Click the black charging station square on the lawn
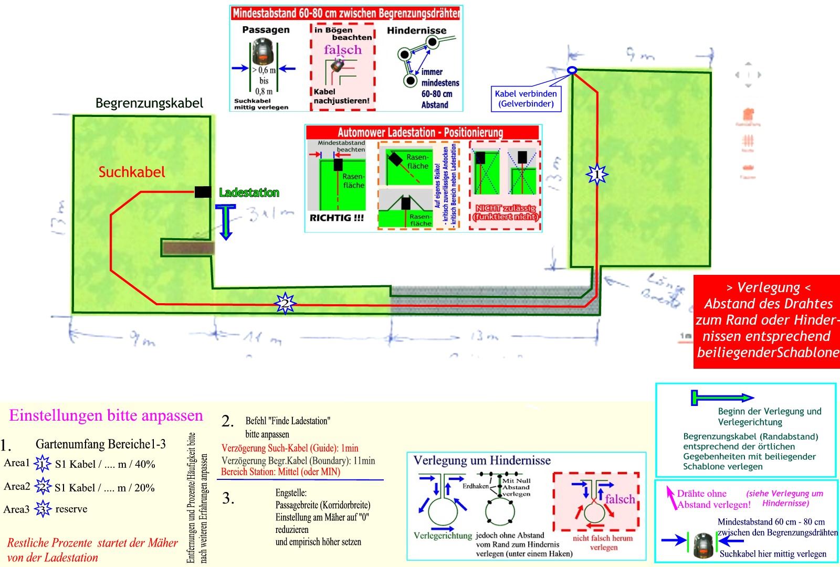tap(203, 191)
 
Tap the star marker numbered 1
tap(596, 174)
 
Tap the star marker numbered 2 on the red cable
tap(285, 303)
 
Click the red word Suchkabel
tap(132, 172)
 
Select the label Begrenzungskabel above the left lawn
tap(149, 103)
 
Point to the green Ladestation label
tap(249, 192)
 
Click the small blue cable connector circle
tap(572, 70)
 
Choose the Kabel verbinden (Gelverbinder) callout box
tap(526, 99)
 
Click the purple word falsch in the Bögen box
tap(342, 50)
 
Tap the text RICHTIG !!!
tap(337, 218)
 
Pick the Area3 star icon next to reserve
tap(43, 509)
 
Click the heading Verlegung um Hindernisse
tap(482, 461)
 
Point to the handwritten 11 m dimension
tap(261, 339)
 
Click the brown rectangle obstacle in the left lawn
tap(187, 248)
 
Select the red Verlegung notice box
tap(766, 321)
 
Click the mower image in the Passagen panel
tap(264, 51)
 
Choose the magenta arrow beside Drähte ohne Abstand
tap(671, 496)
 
